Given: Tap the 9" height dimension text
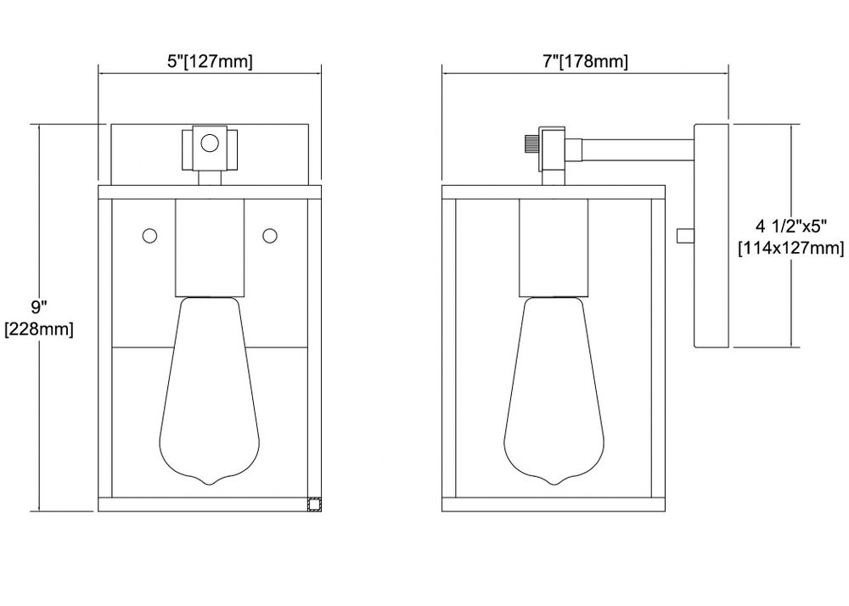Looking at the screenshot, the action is [x=39, y=307].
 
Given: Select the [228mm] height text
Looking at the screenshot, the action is [x=39, y=329].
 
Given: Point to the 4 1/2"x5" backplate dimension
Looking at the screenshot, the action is [x=791, y=226].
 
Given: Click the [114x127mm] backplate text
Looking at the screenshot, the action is [x=791, y=249].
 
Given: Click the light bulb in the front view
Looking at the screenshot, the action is [x=210, y=390].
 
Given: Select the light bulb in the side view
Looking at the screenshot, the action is [x=554, y=390].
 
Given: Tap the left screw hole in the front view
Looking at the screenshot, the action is [x=149, y=236].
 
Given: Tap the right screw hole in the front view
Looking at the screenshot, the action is [x=270, y=236].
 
